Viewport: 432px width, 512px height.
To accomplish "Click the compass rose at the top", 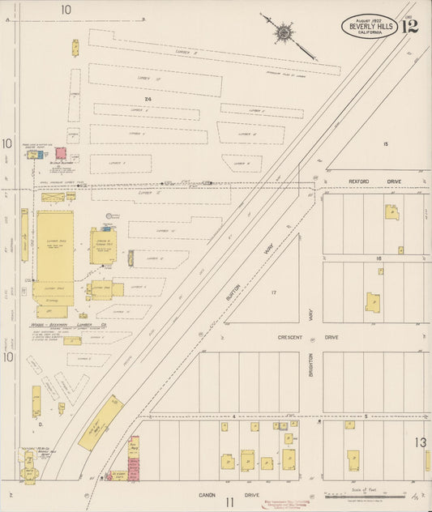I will pyautogui.click(x=284, y=33).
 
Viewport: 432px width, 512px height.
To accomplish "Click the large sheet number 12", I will pyautogui.click(x=409, y=27).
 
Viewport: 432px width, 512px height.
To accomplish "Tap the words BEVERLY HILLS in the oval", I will pyautogui.click(x=369, y=26).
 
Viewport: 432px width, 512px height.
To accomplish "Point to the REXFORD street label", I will pyautogui.click(x=341, y=182).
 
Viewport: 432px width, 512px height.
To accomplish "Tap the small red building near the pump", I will pyautogui.click(x=61, y=152).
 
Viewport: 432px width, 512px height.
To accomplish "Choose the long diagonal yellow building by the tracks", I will pyautogui.click(x=102, y=423).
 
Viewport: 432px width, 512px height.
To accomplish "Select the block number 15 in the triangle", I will pyautogui.click(x=386, y=143).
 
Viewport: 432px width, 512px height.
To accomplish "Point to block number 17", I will pyautogui.click(x=274, y=292).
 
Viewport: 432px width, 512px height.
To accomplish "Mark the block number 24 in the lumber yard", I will pyautogui.click(x=147, y=99).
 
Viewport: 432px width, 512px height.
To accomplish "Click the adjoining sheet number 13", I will pyautogui.click(x=421, y=442).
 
